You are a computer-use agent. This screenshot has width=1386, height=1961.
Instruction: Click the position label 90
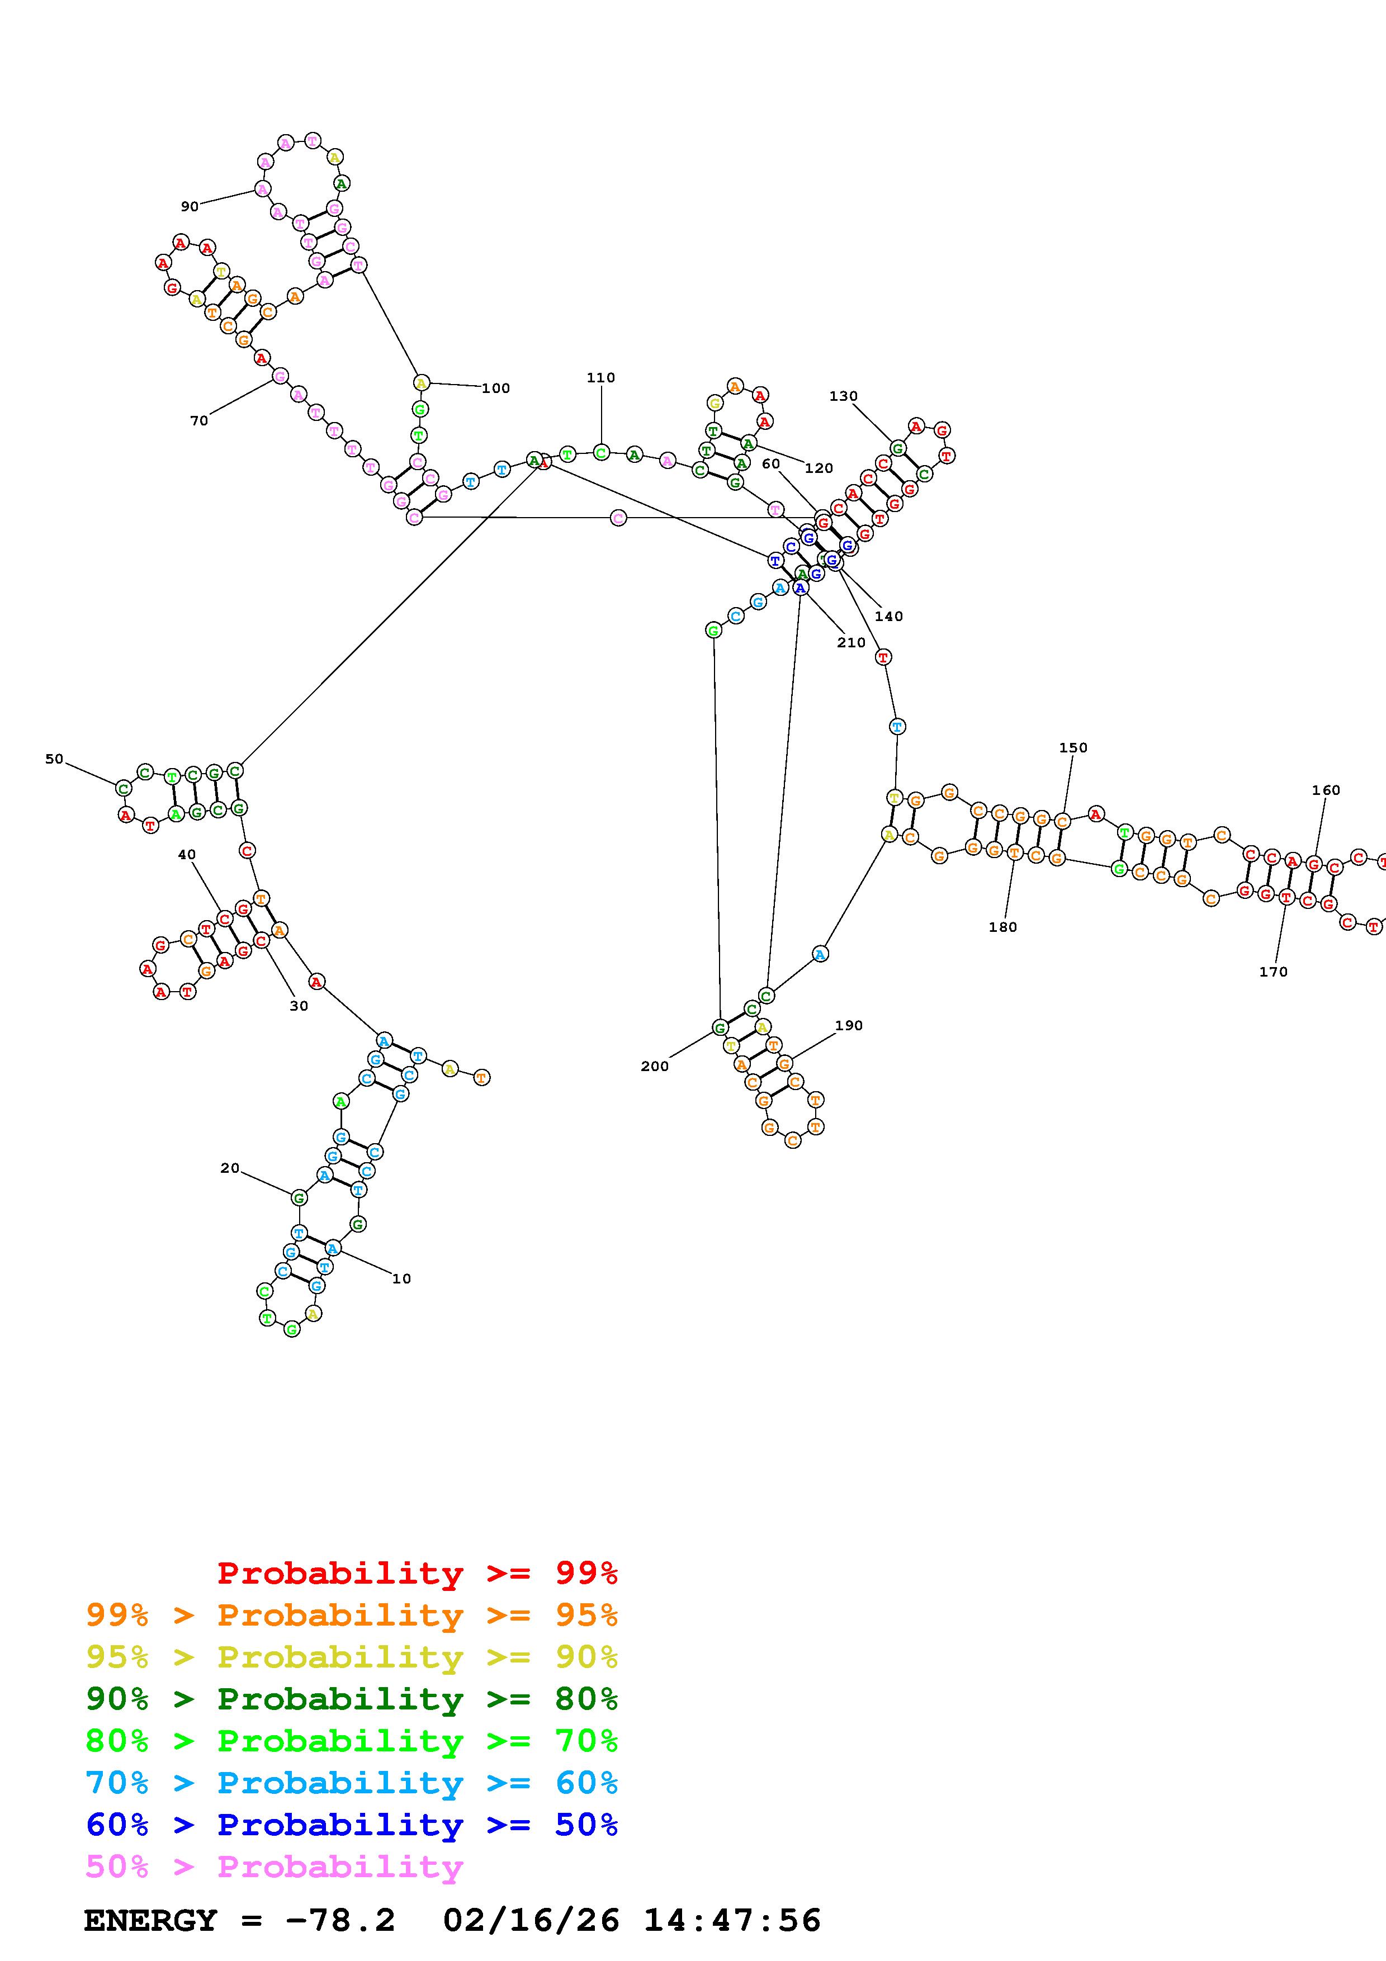[190, 206]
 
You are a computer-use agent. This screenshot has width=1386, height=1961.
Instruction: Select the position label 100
[495, 388]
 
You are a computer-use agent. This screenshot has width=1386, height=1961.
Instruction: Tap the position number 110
[600, 377]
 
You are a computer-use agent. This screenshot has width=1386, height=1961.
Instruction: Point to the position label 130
[843, 395]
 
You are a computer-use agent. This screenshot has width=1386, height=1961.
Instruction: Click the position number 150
[1072, 747]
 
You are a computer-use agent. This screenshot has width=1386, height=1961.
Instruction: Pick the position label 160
[1326, 790]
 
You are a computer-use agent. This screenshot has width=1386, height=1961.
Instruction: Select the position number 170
[1273, 971]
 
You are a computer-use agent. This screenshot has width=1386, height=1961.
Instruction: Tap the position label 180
[1002, 927]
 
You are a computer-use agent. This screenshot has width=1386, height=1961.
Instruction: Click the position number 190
[848, 1025]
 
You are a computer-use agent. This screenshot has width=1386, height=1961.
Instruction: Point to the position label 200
[655, 1066]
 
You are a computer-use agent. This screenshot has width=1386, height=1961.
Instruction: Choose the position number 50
[54, 759]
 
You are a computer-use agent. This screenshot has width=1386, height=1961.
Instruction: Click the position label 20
[230, 1168]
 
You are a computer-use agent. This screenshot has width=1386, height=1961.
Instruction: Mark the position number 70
[199, 420]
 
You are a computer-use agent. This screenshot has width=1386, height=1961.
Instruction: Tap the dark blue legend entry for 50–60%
[352, 1825]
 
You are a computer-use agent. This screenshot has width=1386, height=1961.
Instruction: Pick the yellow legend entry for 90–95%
[352, 1656]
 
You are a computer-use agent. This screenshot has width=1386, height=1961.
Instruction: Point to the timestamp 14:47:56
[732, 1920]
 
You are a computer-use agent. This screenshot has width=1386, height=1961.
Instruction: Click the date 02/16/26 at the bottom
[531, 1920]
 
